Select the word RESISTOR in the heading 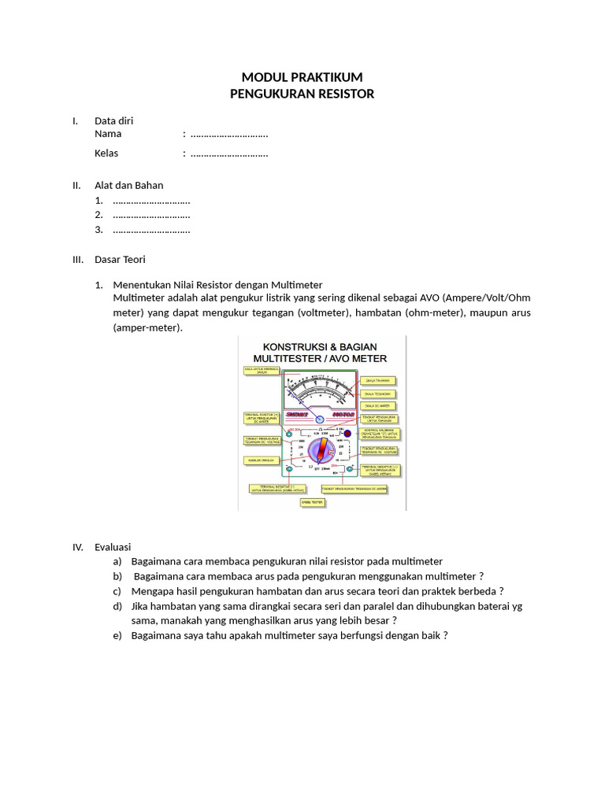[341, 94]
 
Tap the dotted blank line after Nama [229, 135]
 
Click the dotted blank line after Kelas [229, 154]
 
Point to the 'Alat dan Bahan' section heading [129, 186]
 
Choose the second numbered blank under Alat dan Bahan [151, 216]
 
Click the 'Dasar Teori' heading [120, 260]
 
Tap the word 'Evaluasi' [113, 547]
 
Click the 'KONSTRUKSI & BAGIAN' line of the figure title [320, 347]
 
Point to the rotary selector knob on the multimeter [319, 451]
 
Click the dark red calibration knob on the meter [347, 434]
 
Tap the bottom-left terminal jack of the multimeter [290, 469]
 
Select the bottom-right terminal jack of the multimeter [351, 469]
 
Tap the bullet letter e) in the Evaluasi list [117, 636]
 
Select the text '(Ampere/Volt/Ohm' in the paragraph [488, 299]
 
